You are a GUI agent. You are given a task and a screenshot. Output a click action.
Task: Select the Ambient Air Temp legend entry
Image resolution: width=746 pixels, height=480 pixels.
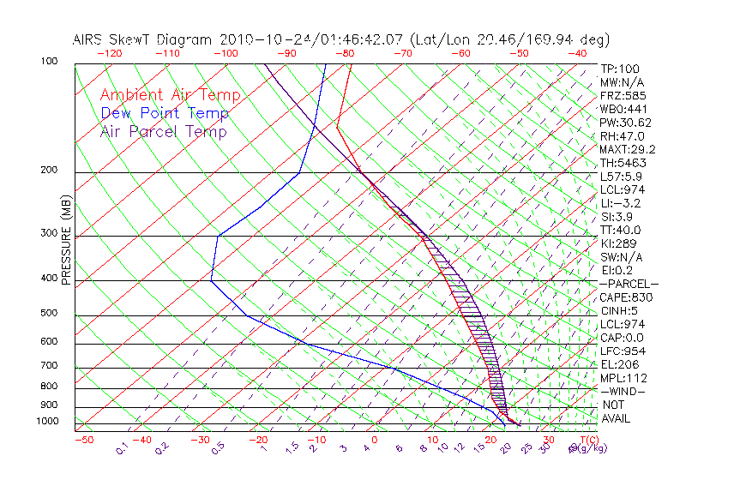[x=170, y=95]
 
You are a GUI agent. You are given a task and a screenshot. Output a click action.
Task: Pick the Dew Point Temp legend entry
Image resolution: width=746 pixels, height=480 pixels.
[x=164, y=113]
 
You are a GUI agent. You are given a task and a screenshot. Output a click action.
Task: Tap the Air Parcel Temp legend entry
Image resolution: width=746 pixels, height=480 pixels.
[x=163, y=131]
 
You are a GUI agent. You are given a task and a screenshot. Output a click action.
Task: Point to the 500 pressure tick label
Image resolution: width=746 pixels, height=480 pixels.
[x=50, y=313]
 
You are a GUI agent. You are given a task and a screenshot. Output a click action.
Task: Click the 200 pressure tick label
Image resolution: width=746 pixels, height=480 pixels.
[x=50, y=170]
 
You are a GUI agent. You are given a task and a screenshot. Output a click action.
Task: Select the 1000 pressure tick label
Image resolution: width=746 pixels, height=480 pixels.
[x=46, y=421]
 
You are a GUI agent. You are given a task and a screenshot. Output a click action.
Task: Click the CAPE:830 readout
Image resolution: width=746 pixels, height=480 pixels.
[x=626, y=297]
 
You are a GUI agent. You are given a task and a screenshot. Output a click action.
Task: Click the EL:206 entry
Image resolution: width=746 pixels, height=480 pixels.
[x=619, y=364]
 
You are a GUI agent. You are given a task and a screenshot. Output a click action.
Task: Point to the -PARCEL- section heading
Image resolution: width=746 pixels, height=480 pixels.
[x=629, y=284]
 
